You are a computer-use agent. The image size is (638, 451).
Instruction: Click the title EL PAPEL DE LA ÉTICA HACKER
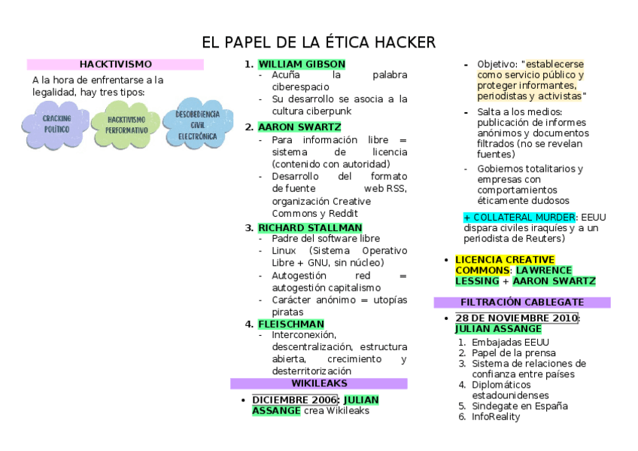318,42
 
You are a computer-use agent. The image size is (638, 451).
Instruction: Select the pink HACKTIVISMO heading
115,65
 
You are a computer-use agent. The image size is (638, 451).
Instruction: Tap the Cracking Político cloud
56,124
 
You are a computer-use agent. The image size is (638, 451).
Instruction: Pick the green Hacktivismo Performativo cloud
125,125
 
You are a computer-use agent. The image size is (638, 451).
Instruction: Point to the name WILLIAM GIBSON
301,64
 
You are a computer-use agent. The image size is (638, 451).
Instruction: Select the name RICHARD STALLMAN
309,227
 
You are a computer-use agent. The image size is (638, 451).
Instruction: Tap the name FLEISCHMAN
290,324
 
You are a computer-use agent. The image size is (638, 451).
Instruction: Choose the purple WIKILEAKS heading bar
318,383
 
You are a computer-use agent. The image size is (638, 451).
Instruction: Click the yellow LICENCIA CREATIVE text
504,260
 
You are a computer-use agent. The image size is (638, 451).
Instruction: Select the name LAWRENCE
543,270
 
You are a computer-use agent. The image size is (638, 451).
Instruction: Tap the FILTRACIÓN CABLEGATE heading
521,302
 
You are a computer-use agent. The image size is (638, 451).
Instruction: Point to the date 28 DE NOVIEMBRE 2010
517,318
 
